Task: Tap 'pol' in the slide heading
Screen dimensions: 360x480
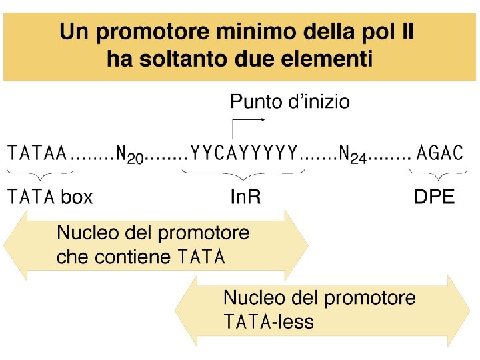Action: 370,33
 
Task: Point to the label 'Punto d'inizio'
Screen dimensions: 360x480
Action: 289,102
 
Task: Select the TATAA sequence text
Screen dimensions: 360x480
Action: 37,153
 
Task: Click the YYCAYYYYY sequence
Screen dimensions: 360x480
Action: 243,153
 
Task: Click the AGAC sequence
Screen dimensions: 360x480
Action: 439,153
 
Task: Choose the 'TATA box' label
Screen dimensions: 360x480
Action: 50,197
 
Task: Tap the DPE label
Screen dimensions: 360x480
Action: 434,197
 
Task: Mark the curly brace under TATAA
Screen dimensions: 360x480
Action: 38,175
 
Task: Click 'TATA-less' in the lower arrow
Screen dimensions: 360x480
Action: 268,323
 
